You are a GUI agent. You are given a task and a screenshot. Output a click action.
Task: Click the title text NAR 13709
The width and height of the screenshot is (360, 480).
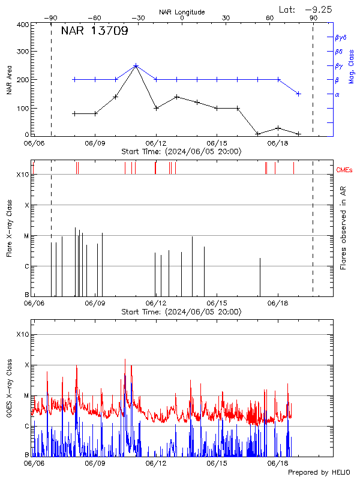[94, 32]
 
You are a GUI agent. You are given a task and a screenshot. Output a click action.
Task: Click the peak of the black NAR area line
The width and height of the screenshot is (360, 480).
[136, 66]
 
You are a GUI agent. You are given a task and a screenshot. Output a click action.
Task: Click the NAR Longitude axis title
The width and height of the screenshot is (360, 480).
[182, 12]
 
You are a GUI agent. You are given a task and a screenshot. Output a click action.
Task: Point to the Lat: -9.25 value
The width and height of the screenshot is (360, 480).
[306, 9]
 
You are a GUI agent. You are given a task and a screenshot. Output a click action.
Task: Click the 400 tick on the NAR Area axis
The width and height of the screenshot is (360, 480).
[22, 25]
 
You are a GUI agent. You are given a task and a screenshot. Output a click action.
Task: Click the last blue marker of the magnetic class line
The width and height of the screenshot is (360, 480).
[298, 94]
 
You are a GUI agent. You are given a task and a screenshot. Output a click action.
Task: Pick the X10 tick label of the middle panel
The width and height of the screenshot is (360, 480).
[22, 175]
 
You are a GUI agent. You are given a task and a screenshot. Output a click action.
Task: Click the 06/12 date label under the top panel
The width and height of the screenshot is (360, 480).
[156, 144]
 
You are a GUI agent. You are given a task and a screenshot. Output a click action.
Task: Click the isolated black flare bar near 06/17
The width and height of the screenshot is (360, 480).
[260, 277]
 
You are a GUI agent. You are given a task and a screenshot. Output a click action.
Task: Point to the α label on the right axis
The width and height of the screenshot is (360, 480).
[337, 94]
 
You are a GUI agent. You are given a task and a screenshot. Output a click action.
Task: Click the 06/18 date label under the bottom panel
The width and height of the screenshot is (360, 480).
[278, 463]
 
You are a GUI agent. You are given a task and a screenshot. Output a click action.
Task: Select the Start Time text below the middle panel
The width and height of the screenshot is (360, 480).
[181, 312]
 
